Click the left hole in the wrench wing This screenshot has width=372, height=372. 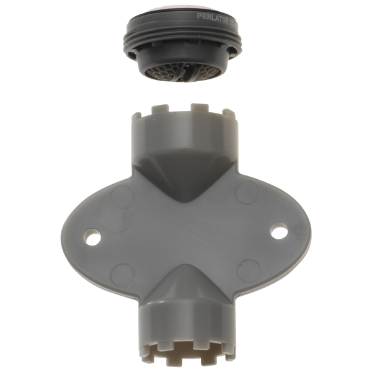[x=94, y=236]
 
